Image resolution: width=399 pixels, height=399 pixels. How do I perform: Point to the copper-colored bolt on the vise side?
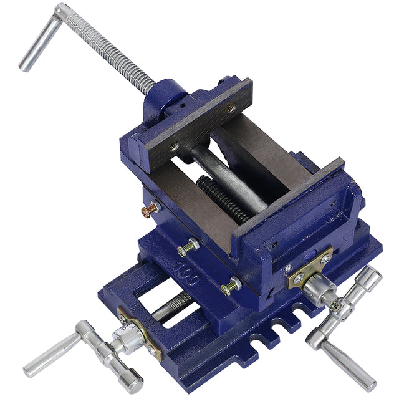pyautogui.click(x=150, y=210)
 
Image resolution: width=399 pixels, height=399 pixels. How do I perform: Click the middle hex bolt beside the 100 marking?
pyautogui.click(x=188, y=248)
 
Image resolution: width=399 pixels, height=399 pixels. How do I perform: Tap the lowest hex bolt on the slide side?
pyautogui.click(x=231, y=286)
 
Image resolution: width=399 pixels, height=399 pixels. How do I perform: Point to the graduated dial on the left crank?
pyautogui.click(x=128, y=339)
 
